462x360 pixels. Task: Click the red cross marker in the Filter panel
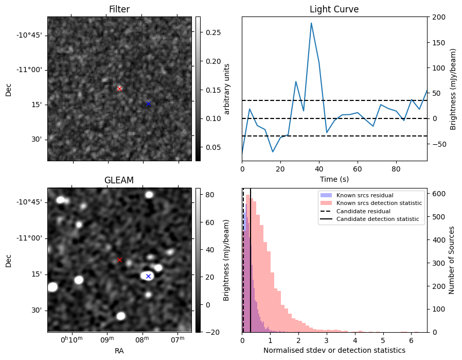point(119,89)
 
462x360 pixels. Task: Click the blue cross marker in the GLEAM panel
point(149,276)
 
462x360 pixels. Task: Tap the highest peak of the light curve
point(311,23)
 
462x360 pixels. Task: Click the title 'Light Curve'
point(334,9)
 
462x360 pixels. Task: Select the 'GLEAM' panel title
point(119,180)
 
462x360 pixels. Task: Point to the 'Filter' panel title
point(119,9)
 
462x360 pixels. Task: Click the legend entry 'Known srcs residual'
point(365,195)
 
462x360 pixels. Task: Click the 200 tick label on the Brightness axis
point(439,17)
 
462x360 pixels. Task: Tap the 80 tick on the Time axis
point(396,169)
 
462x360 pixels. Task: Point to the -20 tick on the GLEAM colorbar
point(211,332)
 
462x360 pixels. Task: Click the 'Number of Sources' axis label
point(451,261)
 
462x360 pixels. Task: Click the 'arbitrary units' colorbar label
point(226,89)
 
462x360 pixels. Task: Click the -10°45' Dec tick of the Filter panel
point(29,35)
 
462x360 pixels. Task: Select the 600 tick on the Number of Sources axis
point(439,194)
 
